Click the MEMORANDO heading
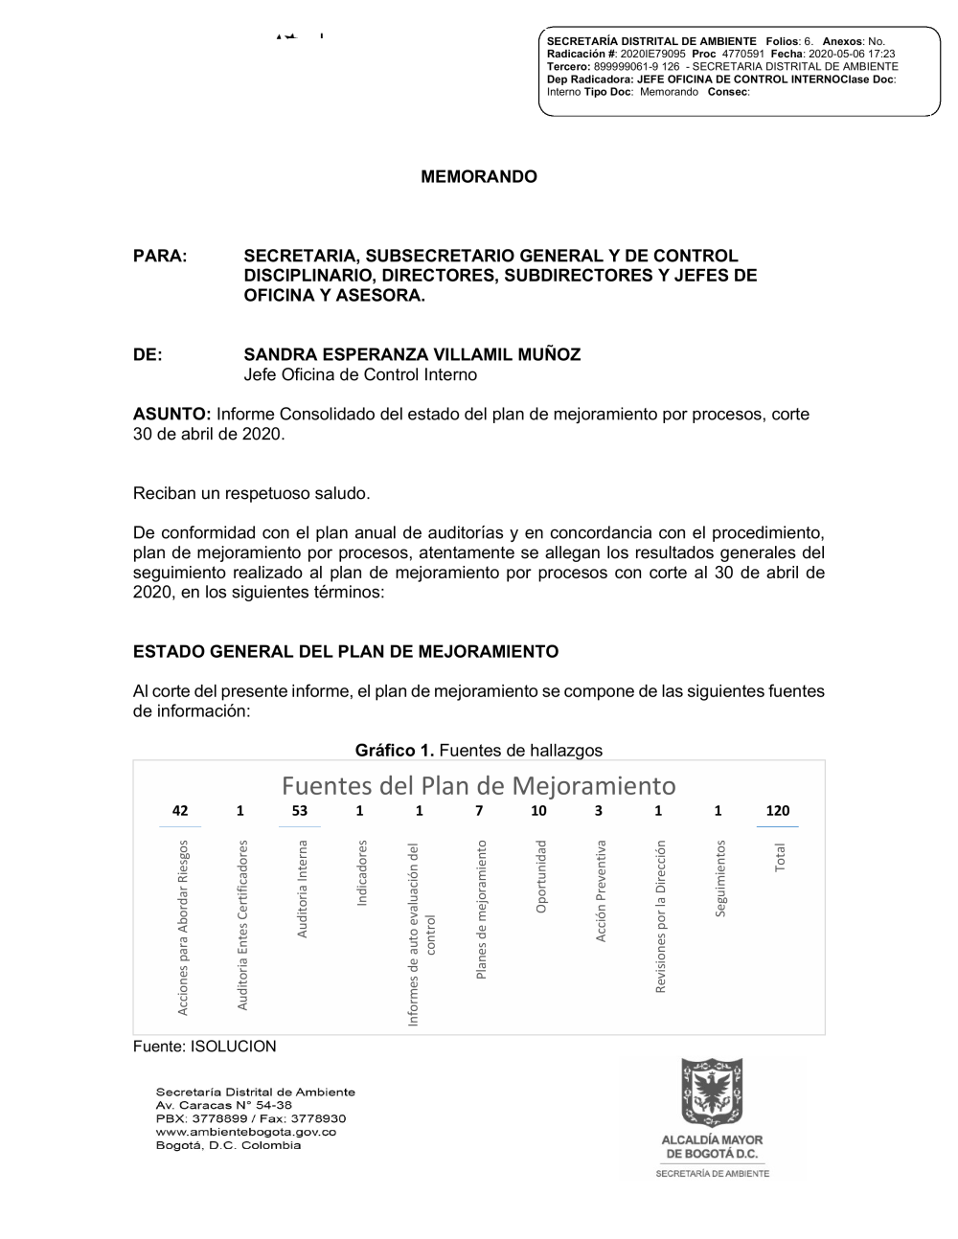coord(479,177)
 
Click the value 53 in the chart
coord(300,811)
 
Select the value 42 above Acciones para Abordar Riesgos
coord(180,811)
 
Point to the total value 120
coord(778,811)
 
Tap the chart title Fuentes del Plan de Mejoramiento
coord(479,786)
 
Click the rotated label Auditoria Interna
coord(302,889)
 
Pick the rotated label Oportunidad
coord(541,876)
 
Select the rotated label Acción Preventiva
coord(601,890)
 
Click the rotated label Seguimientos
coord(720,877)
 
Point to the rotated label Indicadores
coord(361,873)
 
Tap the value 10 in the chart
coord(539,811)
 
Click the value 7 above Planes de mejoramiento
coord(479,811)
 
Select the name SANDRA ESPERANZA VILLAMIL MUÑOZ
coord(412,355)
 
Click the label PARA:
coord(159,257)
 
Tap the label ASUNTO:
coord(171,415)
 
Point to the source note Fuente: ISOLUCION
coord(204,1047)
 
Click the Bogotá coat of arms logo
coord(712,1093)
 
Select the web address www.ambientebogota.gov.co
coord(246,1132)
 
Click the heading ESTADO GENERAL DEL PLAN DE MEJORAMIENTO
coord(345,652)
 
